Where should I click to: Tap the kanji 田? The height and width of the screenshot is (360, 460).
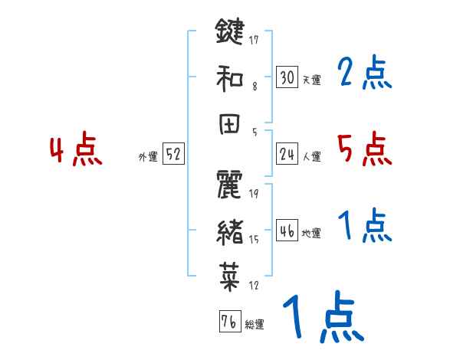click(x=229, y=123)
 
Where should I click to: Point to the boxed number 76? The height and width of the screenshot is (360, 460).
click(x=228, y=322)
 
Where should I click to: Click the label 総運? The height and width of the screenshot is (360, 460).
click(x=254, y=325)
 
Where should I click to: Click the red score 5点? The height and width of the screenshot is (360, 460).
click(x=363, y=149)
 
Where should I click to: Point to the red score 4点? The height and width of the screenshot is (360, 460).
click(x=75, y=151)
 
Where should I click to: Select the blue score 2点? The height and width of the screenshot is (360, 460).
click(x=363, y=73)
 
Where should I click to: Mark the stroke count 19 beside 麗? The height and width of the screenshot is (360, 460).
click(x=254, y=195)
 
